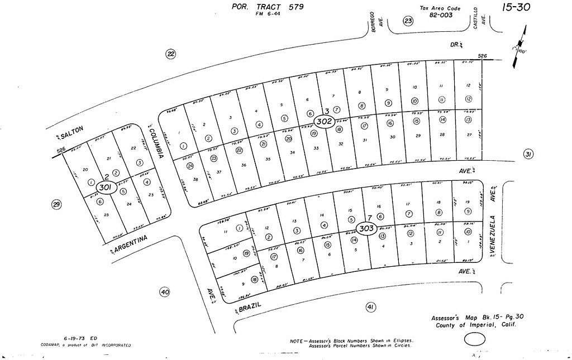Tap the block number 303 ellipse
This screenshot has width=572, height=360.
(x=366, y=228)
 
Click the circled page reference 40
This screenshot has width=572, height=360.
(x=164, y=291)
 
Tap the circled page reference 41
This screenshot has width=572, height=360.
(x=370, y=306)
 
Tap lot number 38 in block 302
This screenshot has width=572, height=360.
(x=196, y=179)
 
